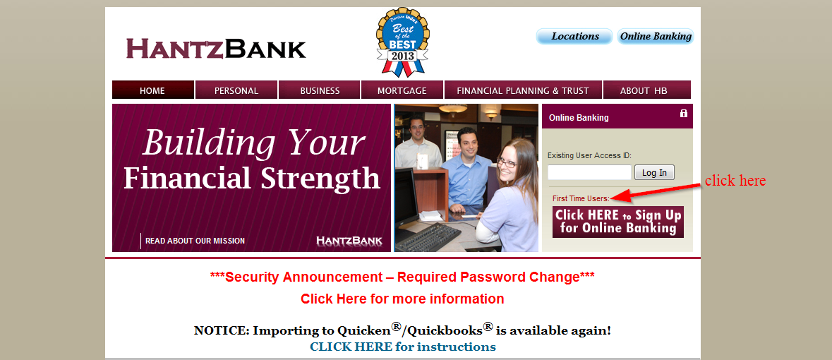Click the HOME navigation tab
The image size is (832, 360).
click(x=153, y=90)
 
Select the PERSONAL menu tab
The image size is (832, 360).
click(x=236, y=90)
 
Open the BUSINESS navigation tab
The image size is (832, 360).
click(x=320, y=90)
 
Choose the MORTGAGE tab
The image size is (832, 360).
click(x=402, y=90)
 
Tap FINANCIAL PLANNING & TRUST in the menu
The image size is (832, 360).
click(x=523, y=90)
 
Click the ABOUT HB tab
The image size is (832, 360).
click(x=647, y=90)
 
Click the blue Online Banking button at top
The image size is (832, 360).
click(x=656, y=37)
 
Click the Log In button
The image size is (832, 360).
click(x=654, y=172)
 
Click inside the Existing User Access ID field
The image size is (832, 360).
click(x=589, y=172)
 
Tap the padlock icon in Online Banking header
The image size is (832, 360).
click(x=683, y=113)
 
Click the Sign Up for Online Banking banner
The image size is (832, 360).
click(x=618, y=222)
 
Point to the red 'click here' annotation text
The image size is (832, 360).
click(x=735, y=181)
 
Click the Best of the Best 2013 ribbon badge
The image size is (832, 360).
click(x=403, y=42)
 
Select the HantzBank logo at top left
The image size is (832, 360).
click(x=216, y=48)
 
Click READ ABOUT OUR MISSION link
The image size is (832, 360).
click(x=195, y=241)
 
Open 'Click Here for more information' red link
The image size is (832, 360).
click(x=402, y=299)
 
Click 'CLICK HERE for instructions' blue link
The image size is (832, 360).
click(x=403, y=347)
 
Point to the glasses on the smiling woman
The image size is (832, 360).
click(x=506, y=162)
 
